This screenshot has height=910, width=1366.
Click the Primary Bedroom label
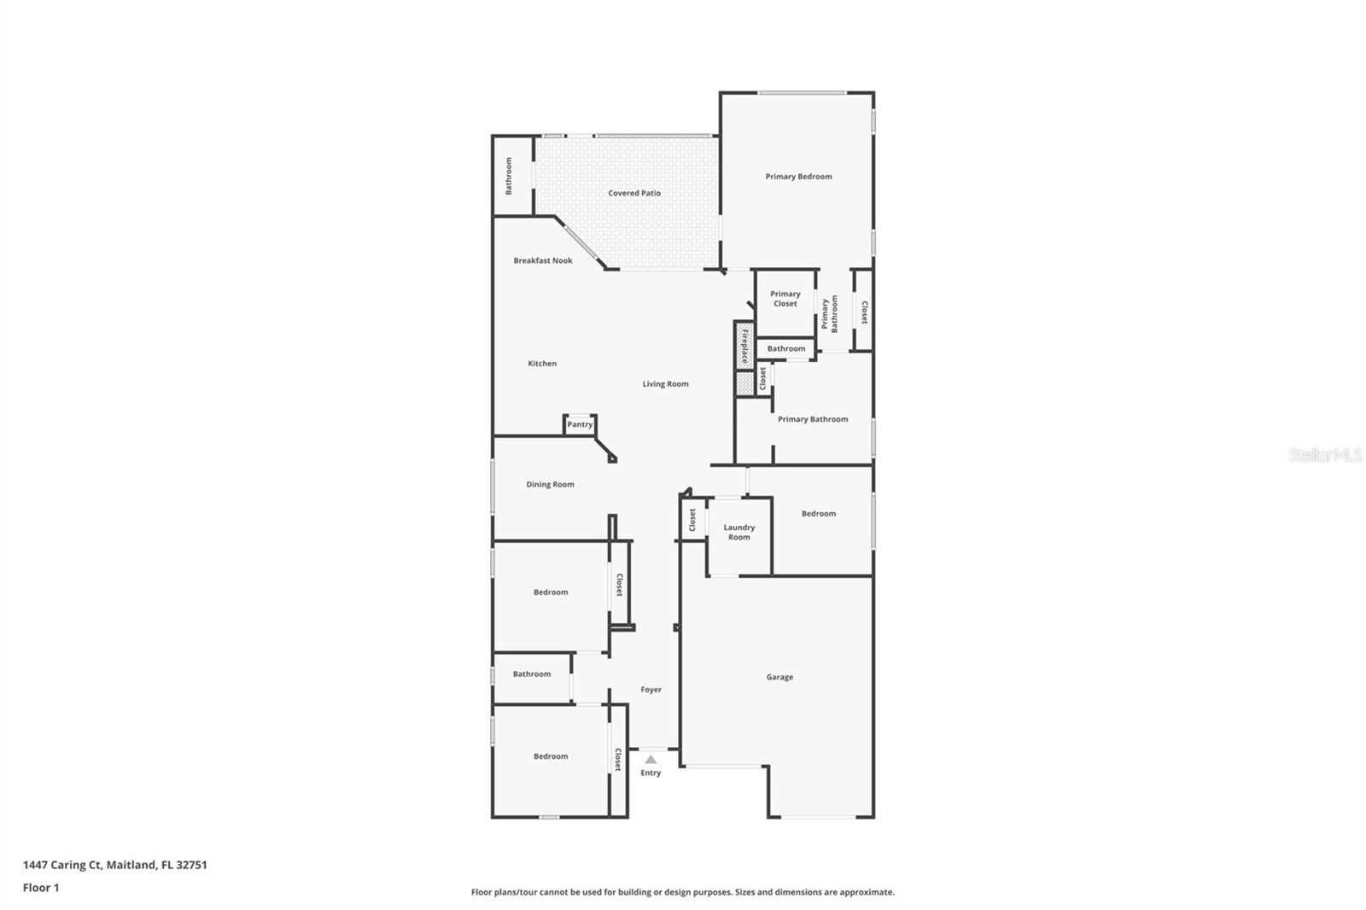pyautogui.click(x=798, y=177)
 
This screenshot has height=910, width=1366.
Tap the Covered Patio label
pyautogui.click(x=634, y=193)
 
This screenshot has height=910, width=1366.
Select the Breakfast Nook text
pyautogui.click(x=543, y=260)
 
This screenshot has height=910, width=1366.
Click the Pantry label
pyautogui.click(x=580, y=424)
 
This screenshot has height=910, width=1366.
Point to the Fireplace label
pyautogui.click(x=744, y=346)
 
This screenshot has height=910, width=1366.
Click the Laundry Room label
pyautogui.click(x=739, y=533)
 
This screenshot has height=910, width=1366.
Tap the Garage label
pyautogui.click(x=779, y=677)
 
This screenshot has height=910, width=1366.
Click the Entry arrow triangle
pyautogui.click(x=651, y=759)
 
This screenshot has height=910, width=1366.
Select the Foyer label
pyautogui.click(x=651, y=690)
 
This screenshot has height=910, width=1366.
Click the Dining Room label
pyautogui.click(x=550, y=484)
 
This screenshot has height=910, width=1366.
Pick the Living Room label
pyautogui.click(x=665, y=384)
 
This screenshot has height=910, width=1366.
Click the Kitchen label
pyautogui.click(x=542, y=364)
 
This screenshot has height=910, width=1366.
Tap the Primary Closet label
pyautogui.click(x=785, y=299)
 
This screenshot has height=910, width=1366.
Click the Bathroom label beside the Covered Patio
pyautogui.click(x=509, y=176)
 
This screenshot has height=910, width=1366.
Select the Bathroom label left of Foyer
pyautogui.click(x=532, y=674)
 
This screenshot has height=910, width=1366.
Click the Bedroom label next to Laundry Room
pyautogui.click(x=818, y=514)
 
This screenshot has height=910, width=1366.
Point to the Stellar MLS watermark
pyautogui.click(x=1325, y=456)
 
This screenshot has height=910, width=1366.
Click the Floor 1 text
pyautogui.click(x=41, y=888)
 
